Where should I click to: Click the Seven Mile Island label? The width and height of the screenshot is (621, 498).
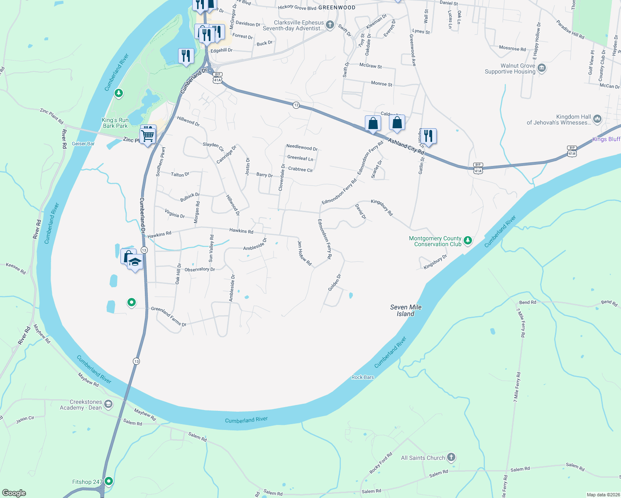point(406,310)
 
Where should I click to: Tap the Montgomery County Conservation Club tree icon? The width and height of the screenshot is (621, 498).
point(468,241)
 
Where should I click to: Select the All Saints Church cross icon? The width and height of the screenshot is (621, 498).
point(451,457)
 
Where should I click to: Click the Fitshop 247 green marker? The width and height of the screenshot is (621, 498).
point(109,481)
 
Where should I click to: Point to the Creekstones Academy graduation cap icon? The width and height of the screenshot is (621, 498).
point(108,404)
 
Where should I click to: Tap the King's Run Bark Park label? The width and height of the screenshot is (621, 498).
point(115,123)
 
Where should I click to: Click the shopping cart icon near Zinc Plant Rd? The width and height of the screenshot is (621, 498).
point(147,135)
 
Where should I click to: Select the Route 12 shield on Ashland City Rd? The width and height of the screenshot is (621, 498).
point(296,105)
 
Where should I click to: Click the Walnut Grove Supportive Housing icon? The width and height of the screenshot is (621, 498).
point(542,68)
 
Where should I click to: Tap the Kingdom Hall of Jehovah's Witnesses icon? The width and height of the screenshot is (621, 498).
point(597,119)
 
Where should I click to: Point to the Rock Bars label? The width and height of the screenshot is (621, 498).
point(362,377)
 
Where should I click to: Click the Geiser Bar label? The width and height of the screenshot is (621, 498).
point(83,144)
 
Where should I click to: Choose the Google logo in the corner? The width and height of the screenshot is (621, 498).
point(14,493)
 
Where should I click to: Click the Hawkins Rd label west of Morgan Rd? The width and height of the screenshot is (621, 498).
point(159,234)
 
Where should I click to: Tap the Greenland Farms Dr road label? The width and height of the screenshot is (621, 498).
point(169,316)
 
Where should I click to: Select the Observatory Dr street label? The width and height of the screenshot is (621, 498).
point(200,269)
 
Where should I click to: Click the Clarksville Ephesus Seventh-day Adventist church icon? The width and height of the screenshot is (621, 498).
point(330,25)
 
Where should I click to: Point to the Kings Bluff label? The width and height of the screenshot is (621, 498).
point(606,139)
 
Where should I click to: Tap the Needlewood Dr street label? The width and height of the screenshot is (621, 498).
point(302,147)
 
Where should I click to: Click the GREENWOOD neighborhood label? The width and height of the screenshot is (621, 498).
point(337,7)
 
